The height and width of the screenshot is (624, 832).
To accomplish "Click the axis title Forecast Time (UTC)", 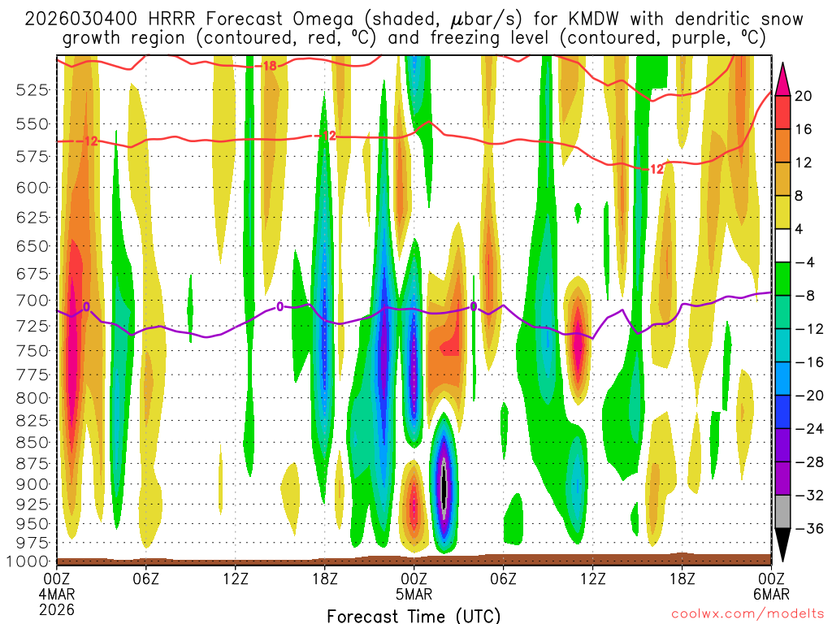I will pyautogui.click(x=414, y=615).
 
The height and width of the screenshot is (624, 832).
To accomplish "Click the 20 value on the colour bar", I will pyautogui.click(x=804, y=96).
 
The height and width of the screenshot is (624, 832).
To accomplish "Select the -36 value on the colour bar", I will pyautogui.click(x=805, y=529).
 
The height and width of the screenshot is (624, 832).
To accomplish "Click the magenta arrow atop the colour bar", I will pyautogui.click(x=783, y=78).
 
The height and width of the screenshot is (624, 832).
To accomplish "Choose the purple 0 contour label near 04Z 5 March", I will pyautogui.click(x=473, y=306).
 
